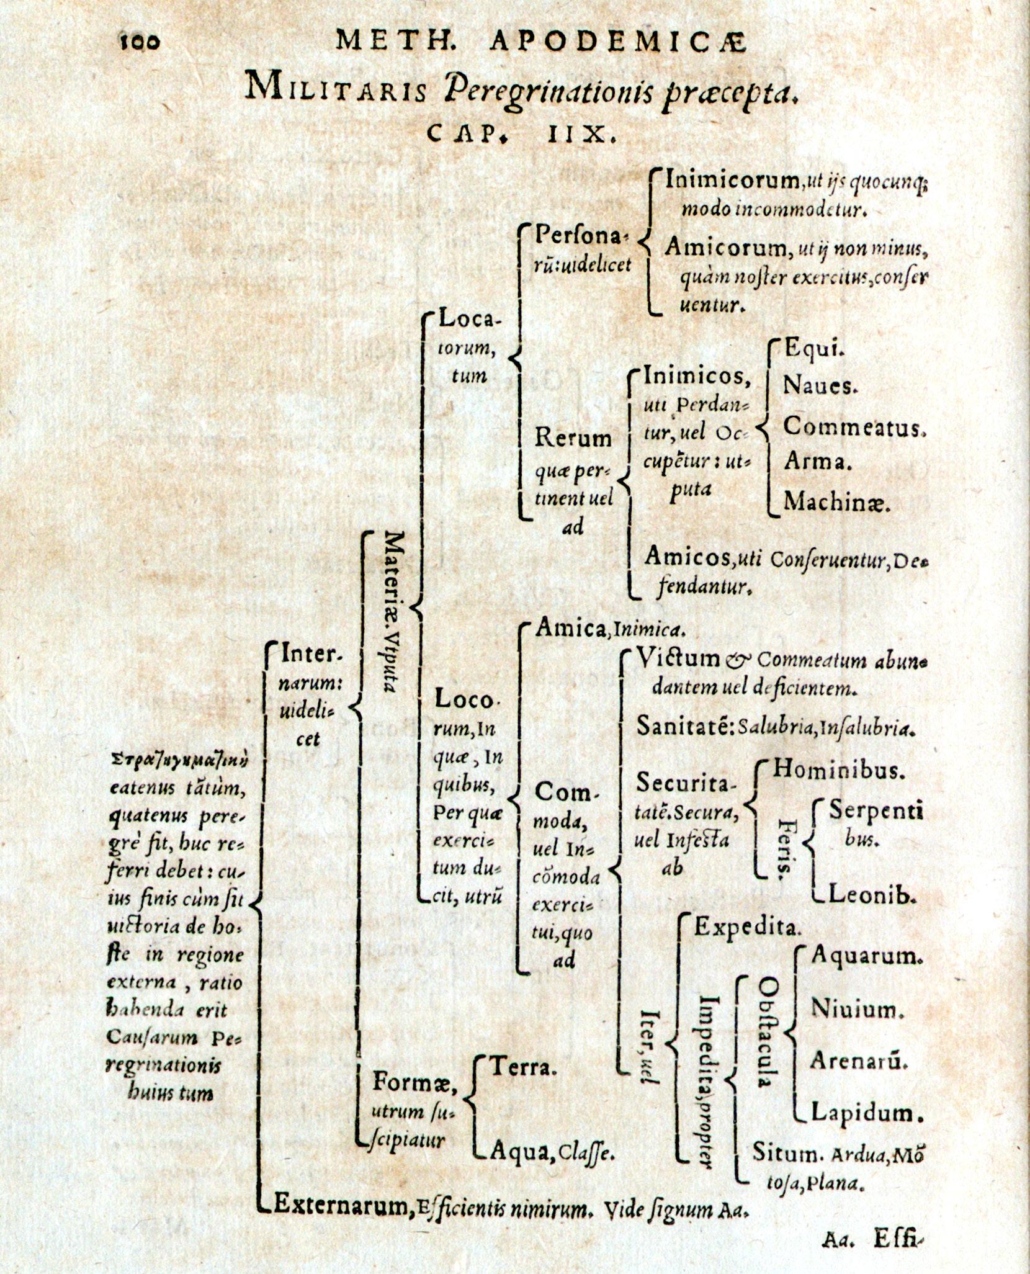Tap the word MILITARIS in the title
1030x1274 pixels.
(x=336, y=88)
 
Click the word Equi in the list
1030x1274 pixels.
(x=813, y=349)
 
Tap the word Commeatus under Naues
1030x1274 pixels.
(x=853, y=427)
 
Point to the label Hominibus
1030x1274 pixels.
(x=838, y=771)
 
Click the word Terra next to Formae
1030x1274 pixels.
(x=524, y=1068)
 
